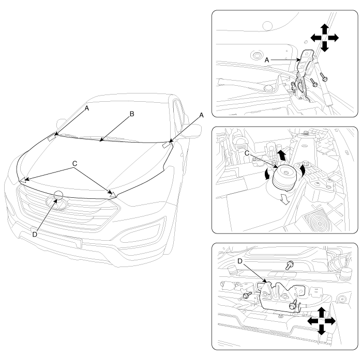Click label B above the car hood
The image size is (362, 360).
click(132, 114)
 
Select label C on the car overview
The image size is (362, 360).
click(74, 164)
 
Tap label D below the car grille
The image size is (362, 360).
click(35, 234)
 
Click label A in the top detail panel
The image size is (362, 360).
click(267, 60)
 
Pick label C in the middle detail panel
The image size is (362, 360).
click(247, 153)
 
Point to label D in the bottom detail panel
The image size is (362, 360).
click(240, 261)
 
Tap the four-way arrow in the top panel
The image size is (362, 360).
click(324, 38)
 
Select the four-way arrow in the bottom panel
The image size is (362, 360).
click(321, 321)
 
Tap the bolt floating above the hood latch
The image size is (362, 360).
click(289, 265)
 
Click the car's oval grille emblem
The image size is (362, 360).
click(57, 203)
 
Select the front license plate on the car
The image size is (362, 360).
click(56, 237)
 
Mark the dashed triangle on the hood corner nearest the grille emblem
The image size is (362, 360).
click(113, 194)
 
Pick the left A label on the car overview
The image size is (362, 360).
click(86, 108)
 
